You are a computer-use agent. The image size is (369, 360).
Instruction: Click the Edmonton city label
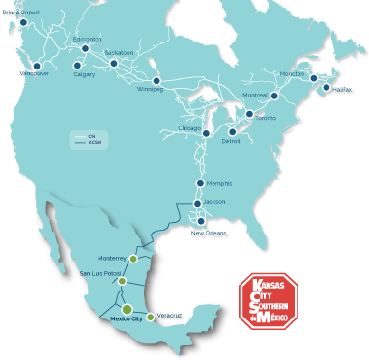click(x=87, y=39)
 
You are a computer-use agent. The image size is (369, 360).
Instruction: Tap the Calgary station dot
click(x=77, y=66)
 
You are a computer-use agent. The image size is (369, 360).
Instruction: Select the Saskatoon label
click(x=119, y=51)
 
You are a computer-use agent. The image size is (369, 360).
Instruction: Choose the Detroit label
click(x=231, y=142)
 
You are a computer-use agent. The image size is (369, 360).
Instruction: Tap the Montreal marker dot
click(x=274, y=95)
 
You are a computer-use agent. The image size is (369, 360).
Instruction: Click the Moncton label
click(x=293, y=73)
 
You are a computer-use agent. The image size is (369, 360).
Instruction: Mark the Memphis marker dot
click(x=200, y=182)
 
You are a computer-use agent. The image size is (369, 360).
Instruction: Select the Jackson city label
click(x=214, y=201)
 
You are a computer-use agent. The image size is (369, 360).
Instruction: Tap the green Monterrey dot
click(x=133, y=258)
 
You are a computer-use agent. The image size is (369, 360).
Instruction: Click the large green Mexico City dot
click(x=127, y=309)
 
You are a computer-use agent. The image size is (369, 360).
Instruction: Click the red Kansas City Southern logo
click(x=268, y=300)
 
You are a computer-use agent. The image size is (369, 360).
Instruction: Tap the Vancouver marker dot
click(x=37, y=67)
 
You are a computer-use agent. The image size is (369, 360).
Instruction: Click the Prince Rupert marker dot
click(x=23, y=22)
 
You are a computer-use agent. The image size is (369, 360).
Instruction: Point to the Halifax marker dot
click(x=326, y=88)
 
